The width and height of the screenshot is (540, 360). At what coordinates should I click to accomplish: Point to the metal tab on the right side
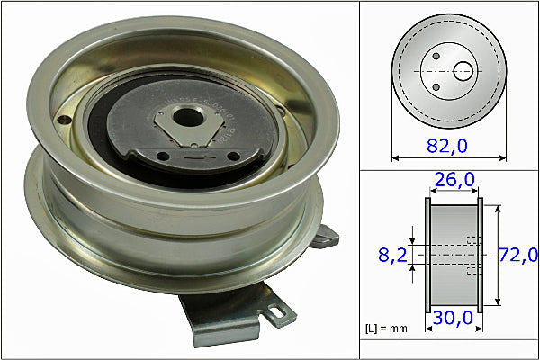tap(326, 236)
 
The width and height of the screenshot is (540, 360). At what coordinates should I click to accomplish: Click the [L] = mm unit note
tap(385, 328)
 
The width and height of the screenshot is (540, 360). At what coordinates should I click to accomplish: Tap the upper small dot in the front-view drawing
tap(436, 57)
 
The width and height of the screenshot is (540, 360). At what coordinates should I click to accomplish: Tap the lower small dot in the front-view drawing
tap(436, 85)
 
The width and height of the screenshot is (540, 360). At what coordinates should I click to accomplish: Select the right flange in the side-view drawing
tap(479, 256)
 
